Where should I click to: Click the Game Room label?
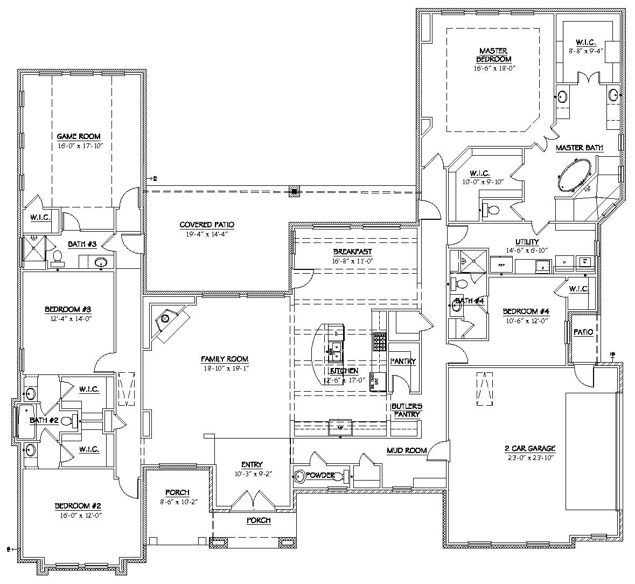click(x=79, y=137)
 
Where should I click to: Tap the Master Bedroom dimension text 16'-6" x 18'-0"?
click(x=494, y=68)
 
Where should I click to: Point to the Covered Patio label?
click(x=207, y=225)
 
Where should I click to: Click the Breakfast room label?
click(x=352, y=252)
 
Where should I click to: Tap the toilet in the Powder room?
click(x=300, y=476)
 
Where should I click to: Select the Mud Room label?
click(x=407, y=450)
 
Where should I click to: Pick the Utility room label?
click(x=526, y=242)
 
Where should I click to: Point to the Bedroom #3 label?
click(x=68, y=310)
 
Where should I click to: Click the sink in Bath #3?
click(x=101, y=263)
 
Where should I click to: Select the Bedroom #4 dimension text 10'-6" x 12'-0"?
click(x=525, y=320)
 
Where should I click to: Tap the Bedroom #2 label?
click(x=78, y=506)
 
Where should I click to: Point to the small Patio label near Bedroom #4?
click(x=583, y=332)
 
